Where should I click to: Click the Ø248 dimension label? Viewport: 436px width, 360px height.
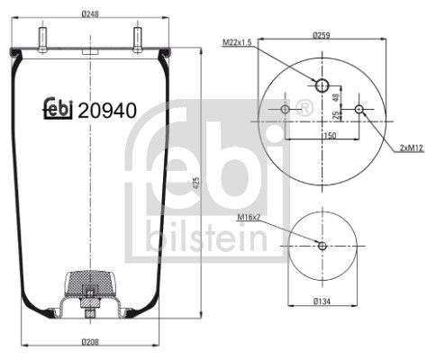88,13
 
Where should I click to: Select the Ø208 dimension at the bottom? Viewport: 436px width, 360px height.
88,342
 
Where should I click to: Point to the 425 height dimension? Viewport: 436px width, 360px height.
195,184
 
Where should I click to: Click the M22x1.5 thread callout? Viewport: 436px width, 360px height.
238,42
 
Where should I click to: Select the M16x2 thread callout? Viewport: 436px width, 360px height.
250,217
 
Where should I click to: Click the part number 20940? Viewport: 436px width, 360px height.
107,112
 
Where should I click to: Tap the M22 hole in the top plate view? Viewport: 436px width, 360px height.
322,85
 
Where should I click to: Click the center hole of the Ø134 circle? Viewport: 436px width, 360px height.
322,246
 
